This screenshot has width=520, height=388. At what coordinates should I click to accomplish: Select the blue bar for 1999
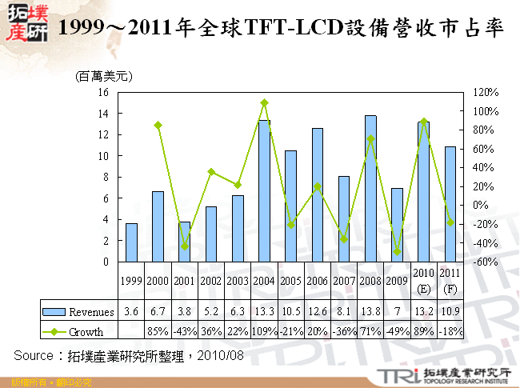pos(131,242)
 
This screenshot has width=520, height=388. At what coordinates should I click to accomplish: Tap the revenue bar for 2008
pos(370,188)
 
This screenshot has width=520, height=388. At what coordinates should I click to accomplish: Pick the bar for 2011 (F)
pos(450,204)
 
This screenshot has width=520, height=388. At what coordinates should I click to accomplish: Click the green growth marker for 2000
pos(158,125)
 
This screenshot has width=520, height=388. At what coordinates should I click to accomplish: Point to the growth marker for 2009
pos(397,251)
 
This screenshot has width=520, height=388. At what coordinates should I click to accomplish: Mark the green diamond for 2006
pos(318,186)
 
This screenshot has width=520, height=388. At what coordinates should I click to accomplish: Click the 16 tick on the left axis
pos(102,92)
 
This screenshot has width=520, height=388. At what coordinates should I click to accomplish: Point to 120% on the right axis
pos(485,92)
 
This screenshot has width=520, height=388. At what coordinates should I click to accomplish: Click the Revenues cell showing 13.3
pos(264,311)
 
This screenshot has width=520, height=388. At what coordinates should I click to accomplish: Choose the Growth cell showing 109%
pos(264,330)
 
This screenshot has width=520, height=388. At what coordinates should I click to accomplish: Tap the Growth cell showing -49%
pos(397,330)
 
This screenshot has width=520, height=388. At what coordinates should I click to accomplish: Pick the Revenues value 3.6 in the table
pos(131,311)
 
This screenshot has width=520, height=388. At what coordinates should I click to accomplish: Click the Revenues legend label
pos(91,311)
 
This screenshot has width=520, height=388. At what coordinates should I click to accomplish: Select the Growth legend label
pos(86,330)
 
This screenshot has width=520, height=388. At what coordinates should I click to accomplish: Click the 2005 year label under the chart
pos(290,281)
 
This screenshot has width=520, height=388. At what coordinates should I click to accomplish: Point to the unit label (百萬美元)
pos(103,77)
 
